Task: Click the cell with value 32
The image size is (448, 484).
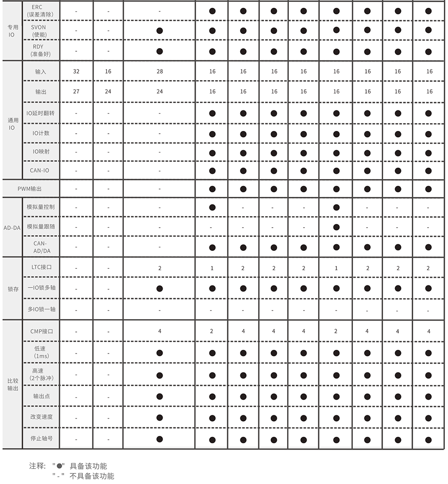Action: pyautogui.click(x=76, y=71)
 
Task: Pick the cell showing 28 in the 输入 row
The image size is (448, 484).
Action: pyautogui.click(x=160, y=71)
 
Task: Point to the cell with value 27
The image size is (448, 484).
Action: pyautogui.click(x=76, y=92)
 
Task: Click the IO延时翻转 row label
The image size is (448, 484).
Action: pyautogui.click(x=41, y=113)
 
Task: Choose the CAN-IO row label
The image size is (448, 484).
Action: pyautogui.click(x=41, y=171)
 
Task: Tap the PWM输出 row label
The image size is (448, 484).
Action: pyautogui.click(x=30, y=189)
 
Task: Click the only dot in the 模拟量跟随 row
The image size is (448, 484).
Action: pyautogui.click(x=336, y=227)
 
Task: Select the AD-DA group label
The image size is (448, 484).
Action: pyautogui.click(x=12, y=228)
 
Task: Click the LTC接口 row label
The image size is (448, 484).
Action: pyautogui.click(x=41, y=267)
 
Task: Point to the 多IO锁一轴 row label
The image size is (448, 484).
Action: pyautogui.click(x=41, y=309)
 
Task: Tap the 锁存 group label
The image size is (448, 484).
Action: pyautogui.click(x=13, y=289)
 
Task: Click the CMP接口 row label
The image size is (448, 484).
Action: pyautogui.click(x=41, y=331)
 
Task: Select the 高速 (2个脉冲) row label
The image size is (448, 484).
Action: pyautogui.click(x=41, y=375)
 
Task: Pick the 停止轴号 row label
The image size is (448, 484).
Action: pyautogui.click(x=41, y=439)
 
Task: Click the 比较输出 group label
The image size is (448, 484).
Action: pyautogui.click(x=13, y=385)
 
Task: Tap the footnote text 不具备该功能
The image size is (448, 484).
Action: pyautogui.click(x=92, y=476)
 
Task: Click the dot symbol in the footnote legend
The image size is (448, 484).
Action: pyautogui.click(x=59, y=466)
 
